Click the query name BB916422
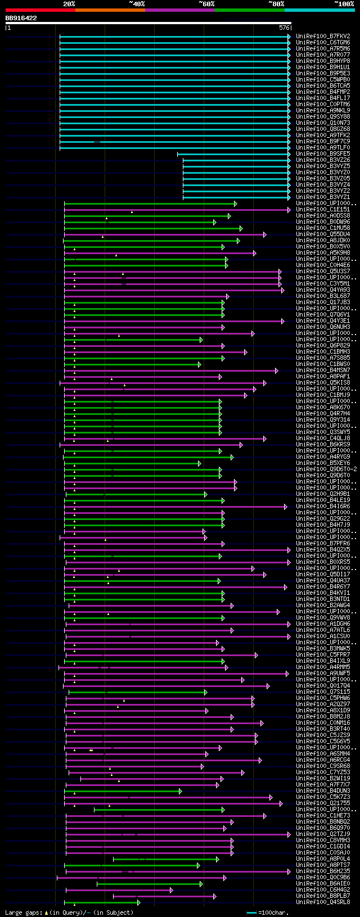point(21,18)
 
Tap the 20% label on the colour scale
point(69,4)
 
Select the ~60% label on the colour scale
point(206,4)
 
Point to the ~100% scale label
point(344,4)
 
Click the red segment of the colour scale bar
point(40,10)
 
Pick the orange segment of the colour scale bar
point(110,10)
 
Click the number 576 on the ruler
point(284,27)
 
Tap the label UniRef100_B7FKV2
point(323,36)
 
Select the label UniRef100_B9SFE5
point(323,153)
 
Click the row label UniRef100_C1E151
point(323,209)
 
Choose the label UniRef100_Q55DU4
point(323,234)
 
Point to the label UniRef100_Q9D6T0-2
point(326,469)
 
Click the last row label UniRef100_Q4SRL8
point(323,902)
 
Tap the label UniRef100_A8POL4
point(323,859)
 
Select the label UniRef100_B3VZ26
point(323,160)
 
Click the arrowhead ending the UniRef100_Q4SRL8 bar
point(138,902)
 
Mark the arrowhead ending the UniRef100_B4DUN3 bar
point(181,791)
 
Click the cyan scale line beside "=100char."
point(251,913)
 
